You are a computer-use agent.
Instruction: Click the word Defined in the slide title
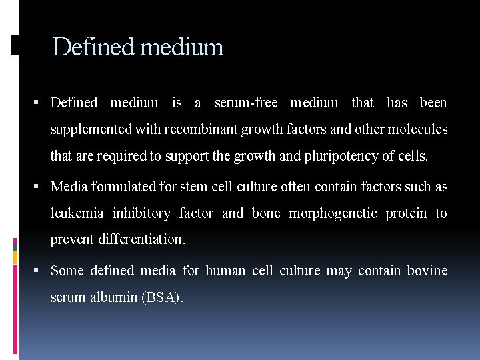coord(93,47)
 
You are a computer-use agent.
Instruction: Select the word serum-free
coord(246,103)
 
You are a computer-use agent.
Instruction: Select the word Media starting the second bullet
coord(69,187)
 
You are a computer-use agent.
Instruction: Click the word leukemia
coord(77,213)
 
